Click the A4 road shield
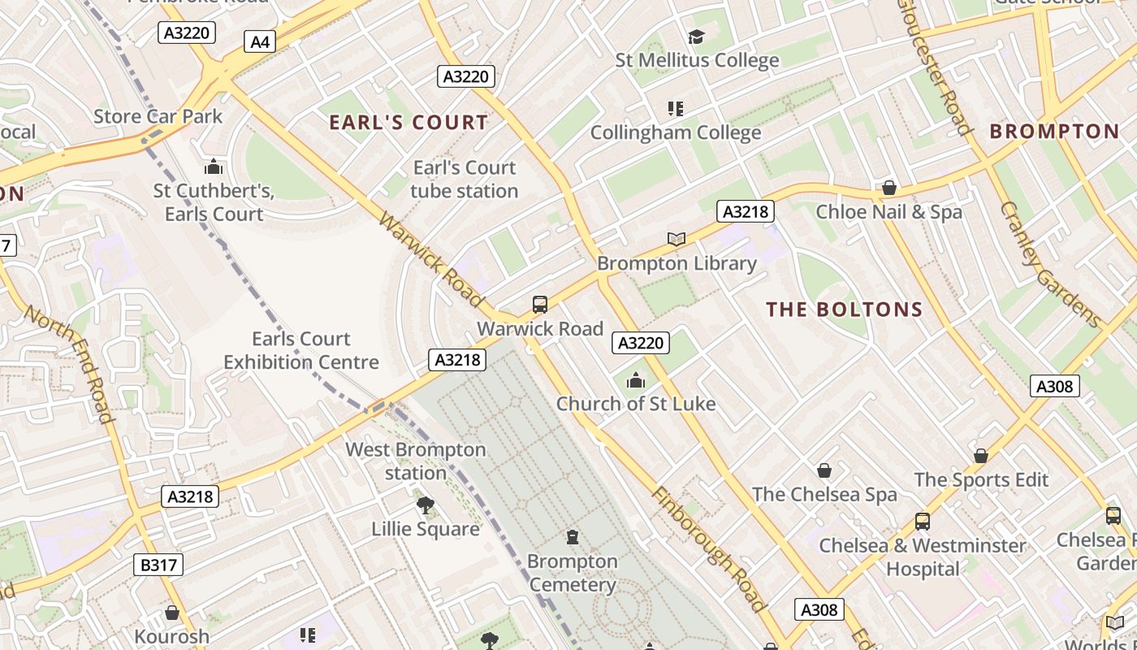tap(260, 41)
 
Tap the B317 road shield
tap(158, 565)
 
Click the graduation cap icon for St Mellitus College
tap(696, 37)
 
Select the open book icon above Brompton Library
tap(676, 239)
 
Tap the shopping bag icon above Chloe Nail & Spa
tap(889, 188)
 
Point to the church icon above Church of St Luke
tap(635, 380)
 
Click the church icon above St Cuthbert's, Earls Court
tap(214, 167)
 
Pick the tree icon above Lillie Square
tap(425, 505)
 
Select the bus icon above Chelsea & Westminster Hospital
tap(922, 521)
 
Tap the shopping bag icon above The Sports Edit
tap(981, 456)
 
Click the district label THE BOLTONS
tap(845, 310)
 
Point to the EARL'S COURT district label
tap(409, 123)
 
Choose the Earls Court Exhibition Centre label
tap(301, 350)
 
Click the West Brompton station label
tap(416, 461)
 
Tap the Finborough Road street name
tap(708, 549)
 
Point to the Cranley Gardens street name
tap(1050, 264)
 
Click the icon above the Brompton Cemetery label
tap(573, 537)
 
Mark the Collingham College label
tap(676, 132)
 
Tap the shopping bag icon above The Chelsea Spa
tap(824, 470)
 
